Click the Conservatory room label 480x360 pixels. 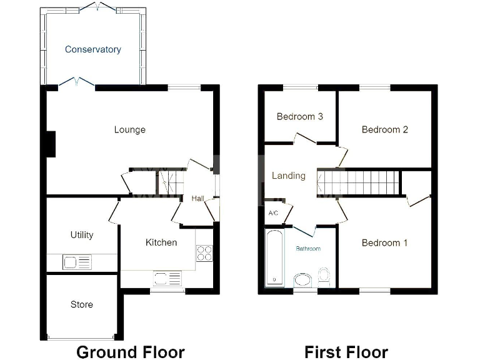(x=92, y=49)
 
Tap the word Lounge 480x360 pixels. (x=129, y=129)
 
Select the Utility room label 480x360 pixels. (x=81, y=234)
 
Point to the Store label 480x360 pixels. (x=81, y=304)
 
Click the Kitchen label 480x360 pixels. (x=161, y=242)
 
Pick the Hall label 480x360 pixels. (x=197, y=199)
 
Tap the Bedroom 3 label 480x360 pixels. (x=299, y=116)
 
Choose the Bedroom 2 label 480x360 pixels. (x=384, y=129)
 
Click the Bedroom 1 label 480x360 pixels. (x=384, y=242)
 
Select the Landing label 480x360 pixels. (x=288, y=176)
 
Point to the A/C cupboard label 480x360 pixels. (x=272, y=213)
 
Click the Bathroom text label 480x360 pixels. (x=308, y=249)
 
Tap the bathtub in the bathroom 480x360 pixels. (x=274, y=258)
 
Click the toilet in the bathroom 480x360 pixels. (x=324, y=275)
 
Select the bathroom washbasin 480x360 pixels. (x=302, y=279)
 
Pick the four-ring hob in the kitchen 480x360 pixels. (x=204, y=252)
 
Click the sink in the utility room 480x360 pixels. (x=77, y=262)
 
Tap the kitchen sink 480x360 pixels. (x=167, y=278)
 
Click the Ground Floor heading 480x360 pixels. (x=130, y=352)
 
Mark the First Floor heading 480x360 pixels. (x=346, y=352)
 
